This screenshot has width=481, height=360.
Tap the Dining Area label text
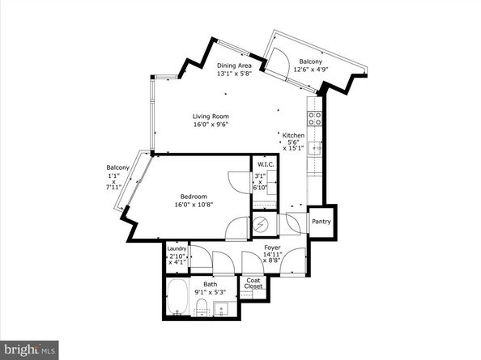pos(234,66)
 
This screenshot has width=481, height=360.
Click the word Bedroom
pos(194,197)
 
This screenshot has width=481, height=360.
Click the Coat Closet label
pos(254,285)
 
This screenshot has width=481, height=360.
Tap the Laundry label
pos(177,249)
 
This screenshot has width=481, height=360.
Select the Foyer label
pos(272,248)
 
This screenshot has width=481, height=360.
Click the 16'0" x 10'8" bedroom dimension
pos(194,205)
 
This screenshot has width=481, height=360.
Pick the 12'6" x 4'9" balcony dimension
pos(313,70)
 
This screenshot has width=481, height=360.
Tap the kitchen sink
pos(317,146)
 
